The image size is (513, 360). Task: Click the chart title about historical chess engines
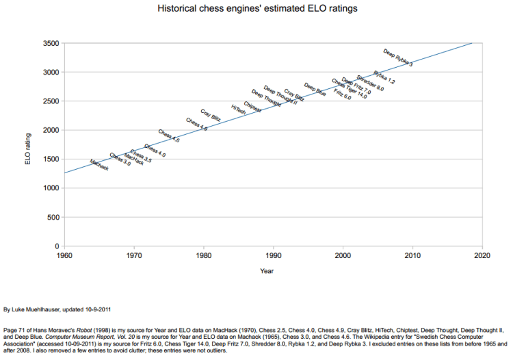pos(257,10)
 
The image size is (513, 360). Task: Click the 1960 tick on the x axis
pos(64,255)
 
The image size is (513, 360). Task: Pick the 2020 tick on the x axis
pos(482,255)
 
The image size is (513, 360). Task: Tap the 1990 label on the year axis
pos(273,255)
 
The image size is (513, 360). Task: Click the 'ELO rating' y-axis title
pos(28,144)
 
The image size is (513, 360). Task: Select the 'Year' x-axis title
pos(267,271)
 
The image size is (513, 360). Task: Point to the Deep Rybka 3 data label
pos(397,57)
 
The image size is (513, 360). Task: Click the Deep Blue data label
pos(315,90)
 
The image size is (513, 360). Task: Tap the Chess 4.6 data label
pos(168,136)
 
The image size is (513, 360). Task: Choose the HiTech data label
pos(238,109)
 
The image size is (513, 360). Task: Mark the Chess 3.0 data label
pos(120,160)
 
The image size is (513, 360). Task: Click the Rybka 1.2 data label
pos(384,77)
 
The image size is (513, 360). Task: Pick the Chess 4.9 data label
pos(197,124)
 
